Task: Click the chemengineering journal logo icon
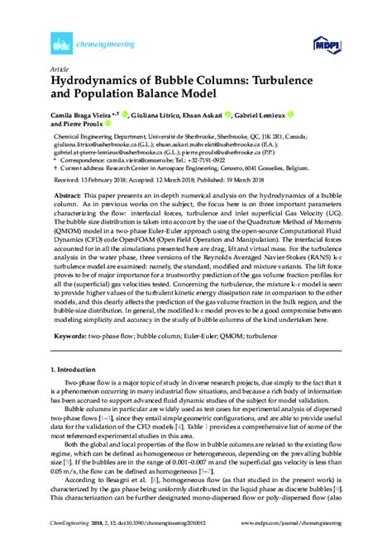(x=58, y=41)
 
